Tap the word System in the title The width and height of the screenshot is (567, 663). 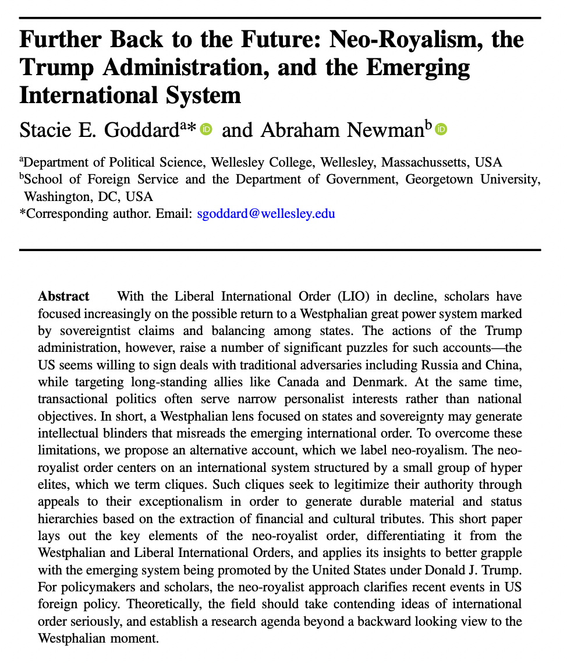point(200,94)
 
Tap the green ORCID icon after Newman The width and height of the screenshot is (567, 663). point(441,129)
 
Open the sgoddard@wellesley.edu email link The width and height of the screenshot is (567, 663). point(266,214)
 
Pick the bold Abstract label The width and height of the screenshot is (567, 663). point(63,296)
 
